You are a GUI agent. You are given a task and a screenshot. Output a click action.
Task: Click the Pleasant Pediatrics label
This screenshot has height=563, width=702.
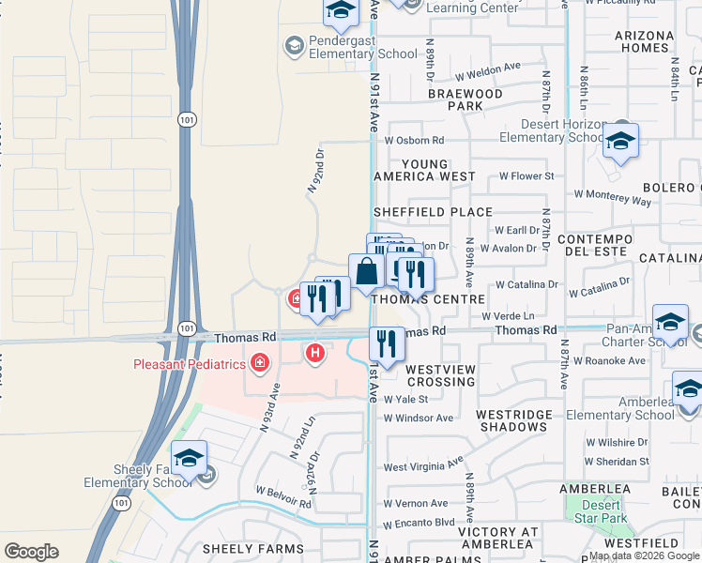(188, 364)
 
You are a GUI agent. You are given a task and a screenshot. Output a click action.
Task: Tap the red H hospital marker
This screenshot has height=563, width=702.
(316, 353)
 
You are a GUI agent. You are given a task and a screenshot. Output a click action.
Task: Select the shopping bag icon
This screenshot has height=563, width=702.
(366, 271)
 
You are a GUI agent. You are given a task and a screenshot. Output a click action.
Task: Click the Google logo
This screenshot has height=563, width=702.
(31, 551)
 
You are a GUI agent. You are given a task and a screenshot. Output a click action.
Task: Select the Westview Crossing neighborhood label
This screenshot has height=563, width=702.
(440, 376)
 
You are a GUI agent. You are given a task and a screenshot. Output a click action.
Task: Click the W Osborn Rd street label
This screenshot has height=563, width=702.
(414, 140)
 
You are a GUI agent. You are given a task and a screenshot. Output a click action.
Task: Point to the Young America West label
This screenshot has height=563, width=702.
(424, 170)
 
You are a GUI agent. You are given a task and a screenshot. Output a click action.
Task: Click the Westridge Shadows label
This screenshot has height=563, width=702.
(511, 419)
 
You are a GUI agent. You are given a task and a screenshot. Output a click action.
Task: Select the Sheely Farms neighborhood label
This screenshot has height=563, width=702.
(254, 549)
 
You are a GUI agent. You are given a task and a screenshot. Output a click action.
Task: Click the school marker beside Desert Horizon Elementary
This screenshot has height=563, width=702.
(620, 141)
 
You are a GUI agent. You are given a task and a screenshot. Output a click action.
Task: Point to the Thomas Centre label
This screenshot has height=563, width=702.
(427, 298)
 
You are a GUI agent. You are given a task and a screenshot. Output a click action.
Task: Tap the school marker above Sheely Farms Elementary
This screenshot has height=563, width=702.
(190, 458)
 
